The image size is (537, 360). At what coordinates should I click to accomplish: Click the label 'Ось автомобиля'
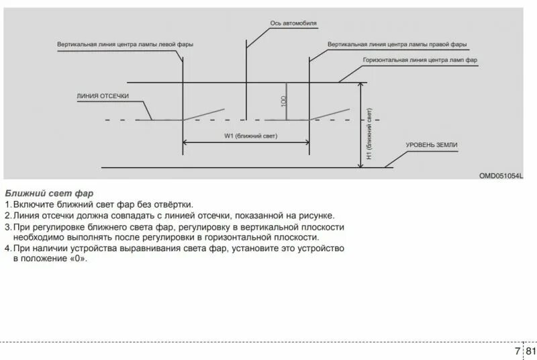tap(293, 23)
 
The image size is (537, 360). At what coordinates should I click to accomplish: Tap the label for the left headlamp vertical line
tap(126, 44)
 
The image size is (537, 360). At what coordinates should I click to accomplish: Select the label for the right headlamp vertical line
tap(397, 44)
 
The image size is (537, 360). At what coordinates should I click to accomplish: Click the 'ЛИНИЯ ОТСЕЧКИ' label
tap(103, 96)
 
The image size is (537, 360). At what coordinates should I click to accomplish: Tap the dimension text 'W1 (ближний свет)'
tap(246, 136)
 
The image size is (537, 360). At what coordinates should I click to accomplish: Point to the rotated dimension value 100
tap(284, 101)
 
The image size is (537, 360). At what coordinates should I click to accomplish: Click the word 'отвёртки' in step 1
tap(172, 204)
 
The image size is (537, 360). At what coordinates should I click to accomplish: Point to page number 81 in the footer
tap(530, 351)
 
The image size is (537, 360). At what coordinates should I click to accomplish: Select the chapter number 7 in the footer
tap(517, 351)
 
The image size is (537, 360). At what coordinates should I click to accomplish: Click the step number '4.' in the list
tap(7, 249)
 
